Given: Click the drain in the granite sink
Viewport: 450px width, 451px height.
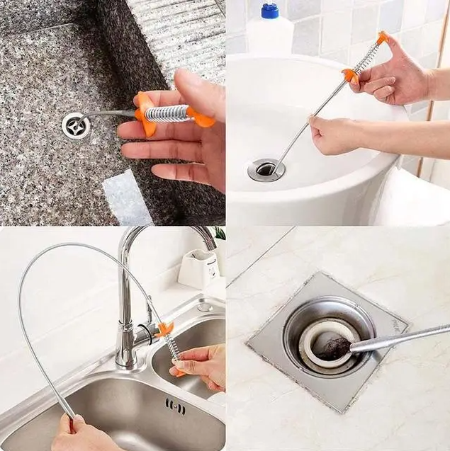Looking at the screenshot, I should click(75, 125).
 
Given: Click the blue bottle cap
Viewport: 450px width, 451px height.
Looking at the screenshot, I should click(270, 11).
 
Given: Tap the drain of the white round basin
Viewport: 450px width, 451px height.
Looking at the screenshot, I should click(266, 169).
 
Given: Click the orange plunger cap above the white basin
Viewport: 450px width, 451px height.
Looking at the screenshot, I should click(383, 37).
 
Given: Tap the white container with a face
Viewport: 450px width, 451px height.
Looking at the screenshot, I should click(199, 268).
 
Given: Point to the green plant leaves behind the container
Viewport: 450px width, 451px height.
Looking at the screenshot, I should click(219, 234).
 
